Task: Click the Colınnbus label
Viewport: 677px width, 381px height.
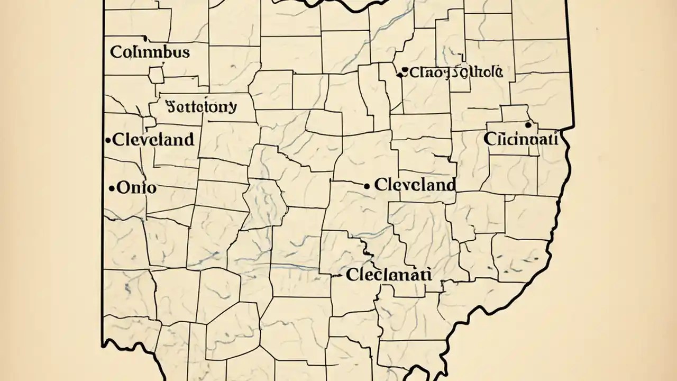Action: coord(150,52)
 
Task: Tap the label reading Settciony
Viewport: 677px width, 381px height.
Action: coord(201,106)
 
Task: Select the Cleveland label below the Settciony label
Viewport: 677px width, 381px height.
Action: coord(154,140)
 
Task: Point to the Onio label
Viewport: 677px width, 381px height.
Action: coord(136,188)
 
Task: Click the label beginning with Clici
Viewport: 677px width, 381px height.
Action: coord(520,139)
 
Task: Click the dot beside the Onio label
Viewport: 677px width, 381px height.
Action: coord(112,188)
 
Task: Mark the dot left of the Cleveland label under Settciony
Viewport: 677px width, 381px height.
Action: coord(108,140)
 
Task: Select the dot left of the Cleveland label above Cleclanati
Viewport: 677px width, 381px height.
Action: coord(367,185)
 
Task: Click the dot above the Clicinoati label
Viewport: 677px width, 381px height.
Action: coord(527,125)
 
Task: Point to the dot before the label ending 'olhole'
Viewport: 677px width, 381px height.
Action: coord(404,70)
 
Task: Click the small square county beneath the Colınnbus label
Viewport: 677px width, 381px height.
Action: coord(157,75)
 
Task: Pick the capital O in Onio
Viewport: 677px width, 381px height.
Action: coord(122,188)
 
